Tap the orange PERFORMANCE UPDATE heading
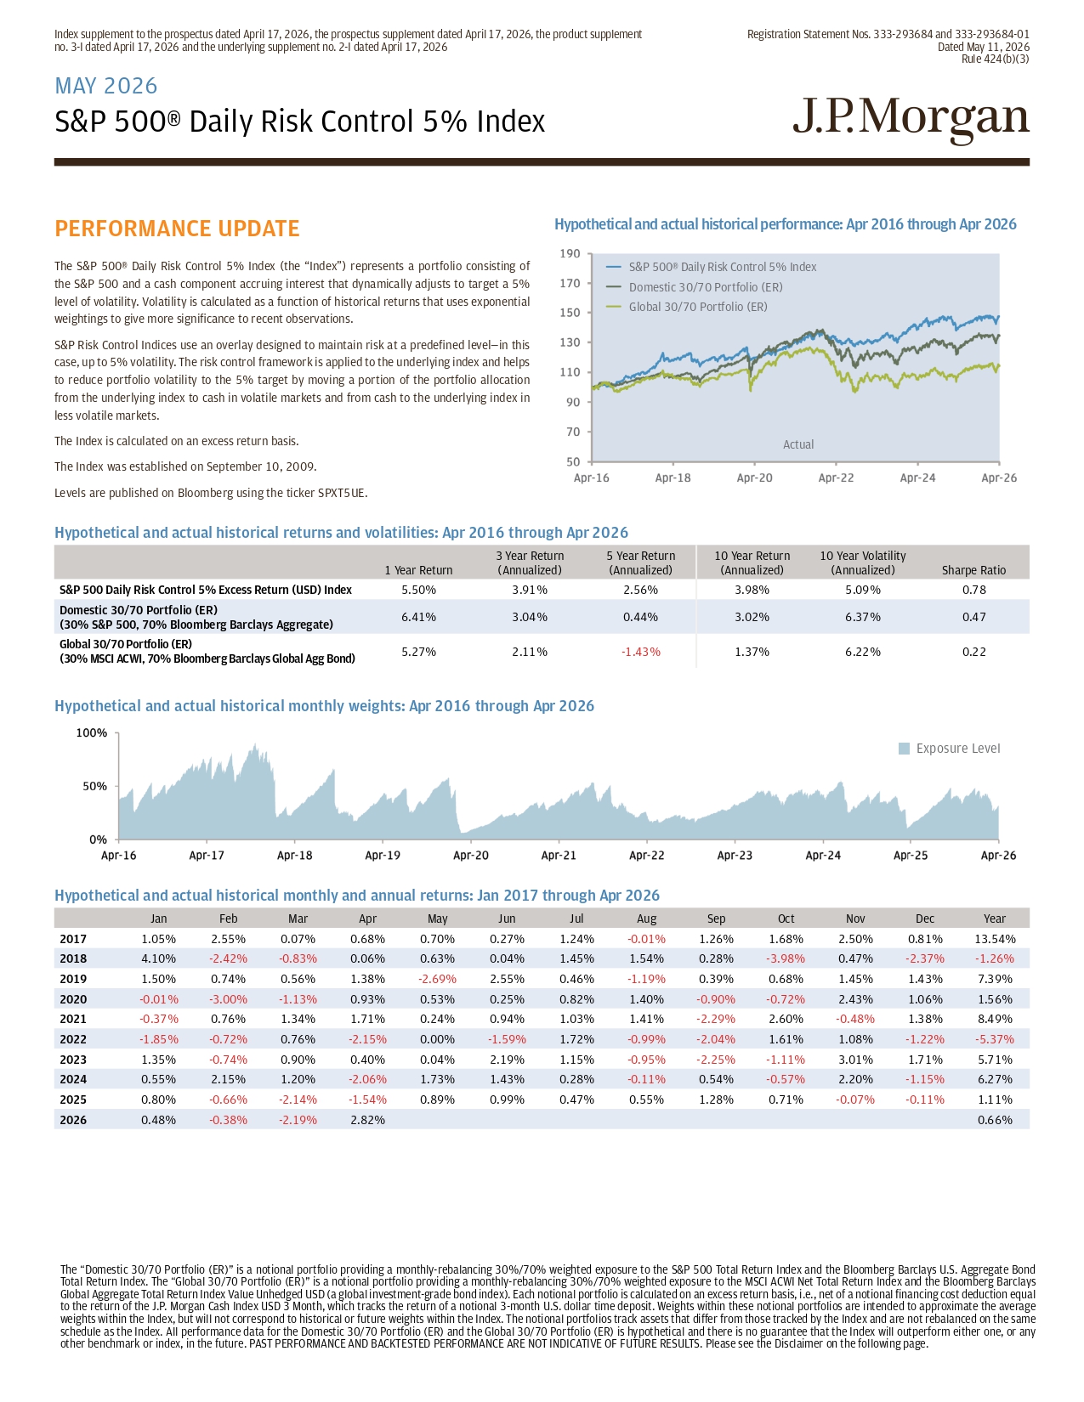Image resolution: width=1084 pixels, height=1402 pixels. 177,229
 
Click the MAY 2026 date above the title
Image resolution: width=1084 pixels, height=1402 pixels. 106,86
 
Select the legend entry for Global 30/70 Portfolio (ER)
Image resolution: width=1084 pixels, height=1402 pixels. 698,307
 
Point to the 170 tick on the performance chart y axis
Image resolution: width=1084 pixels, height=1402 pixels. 570,283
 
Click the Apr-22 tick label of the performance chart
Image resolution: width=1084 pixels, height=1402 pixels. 836,478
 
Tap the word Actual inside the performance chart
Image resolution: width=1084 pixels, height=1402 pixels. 798,444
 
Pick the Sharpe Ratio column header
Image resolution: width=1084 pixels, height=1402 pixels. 973,570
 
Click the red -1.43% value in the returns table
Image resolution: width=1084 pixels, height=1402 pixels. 640,652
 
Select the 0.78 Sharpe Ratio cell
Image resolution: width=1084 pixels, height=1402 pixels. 973,590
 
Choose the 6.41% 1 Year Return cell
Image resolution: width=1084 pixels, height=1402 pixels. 418,617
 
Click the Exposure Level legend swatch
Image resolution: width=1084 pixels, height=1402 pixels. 904,749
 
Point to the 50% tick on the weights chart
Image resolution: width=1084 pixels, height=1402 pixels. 95,786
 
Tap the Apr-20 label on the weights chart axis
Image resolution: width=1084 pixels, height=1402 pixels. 471,856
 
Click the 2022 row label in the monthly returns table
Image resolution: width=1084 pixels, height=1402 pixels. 73,1039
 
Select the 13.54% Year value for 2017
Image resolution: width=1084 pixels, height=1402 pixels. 995,939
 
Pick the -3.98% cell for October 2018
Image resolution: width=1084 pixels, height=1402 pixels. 786,958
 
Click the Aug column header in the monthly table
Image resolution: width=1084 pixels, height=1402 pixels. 646,919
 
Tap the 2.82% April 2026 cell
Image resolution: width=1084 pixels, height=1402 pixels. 367,1120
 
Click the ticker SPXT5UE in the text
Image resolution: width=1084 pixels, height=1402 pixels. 341,493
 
